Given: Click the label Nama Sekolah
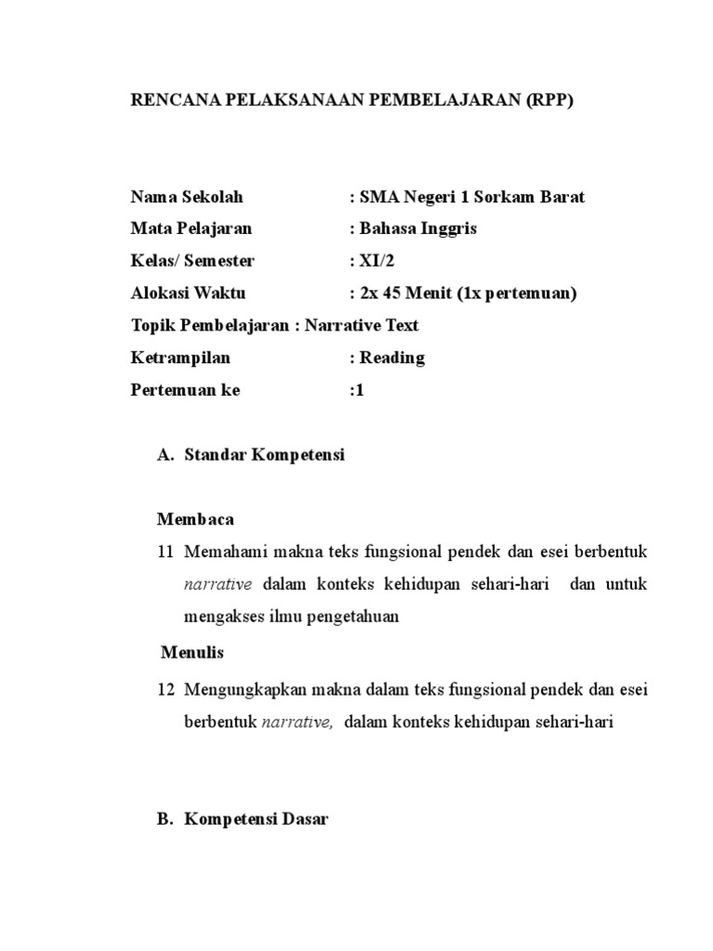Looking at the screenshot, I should click(187, 197).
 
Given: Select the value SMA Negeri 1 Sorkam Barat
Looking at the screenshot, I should click(467, 197).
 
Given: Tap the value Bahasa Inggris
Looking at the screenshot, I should click(413, 228).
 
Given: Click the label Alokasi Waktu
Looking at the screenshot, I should click(188, 293).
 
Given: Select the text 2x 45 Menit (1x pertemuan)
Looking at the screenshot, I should click(463, 293).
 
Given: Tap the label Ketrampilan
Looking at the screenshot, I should click(181, 358).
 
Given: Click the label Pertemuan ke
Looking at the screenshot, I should click(186, 390).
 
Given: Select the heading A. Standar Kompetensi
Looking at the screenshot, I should click(252, 455).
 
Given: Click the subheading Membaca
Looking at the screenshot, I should click(196, 518).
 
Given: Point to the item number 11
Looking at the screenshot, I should click(166, 552).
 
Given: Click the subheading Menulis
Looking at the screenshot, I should click(192, 652).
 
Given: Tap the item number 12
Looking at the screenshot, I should click(166, 689).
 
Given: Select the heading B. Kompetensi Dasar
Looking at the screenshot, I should click(243, 820).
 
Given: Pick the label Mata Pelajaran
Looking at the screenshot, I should click(191, 228).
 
